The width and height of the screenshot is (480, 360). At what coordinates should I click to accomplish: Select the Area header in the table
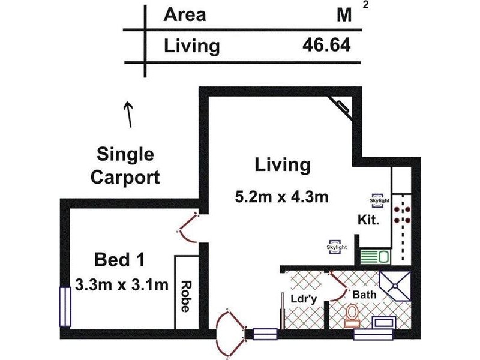tap(184, 14)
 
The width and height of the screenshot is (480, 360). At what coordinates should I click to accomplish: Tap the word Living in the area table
tap(191, 46)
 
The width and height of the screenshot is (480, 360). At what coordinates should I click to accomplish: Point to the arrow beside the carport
tap(128, 114)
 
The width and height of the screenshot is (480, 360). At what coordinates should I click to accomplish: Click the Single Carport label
tap(128, 166)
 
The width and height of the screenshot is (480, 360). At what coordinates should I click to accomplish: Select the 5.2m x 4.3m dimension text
tap(281, 197)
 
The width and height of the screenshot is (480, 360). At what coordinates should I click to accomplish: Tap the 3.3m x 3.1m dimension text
tap(122, 284)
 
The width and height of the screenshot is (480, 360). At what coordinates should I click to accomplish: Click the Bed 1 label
tap(120, 260)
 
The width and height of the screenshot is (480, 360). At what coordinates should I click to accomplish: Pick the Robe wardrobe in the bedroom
tap(186, 292)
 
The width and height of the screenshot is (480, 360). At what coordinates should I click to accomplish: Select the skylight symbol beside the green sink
tap(337, 247)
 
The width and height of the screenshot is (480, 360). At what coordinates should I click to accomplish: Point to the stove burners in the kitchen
tap(401, 215)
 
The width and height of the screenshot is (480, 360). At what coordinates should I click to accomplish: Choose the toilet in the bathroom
tap(353, 315)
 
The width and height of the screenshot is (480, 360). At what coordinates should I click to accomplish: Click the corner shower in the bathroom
tap(397, 286)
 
